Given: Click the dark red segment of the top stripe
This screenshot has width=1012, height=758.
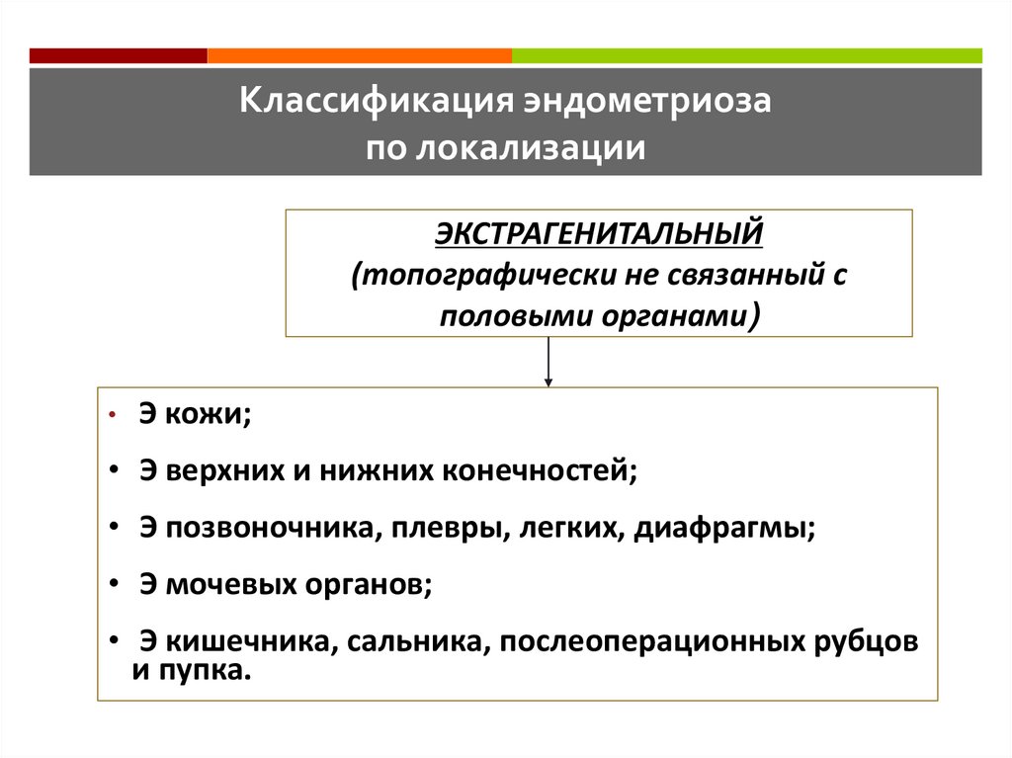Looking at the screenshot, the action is [x=119, y=55].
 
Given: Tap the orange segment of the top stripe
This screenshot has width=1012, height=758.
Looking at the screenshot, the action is [x=360, y=55].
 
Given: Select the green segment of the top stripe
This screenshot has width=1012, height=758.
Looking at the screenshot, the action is [x=747, y=55].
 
